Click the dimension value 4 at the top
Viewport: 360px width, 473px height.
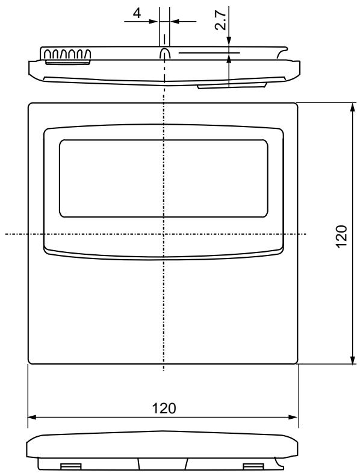(137, 13)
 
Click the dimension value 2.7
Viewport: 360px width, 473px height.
(221, 20)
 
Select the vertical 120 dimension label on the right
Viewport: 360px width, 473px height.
(341, 236)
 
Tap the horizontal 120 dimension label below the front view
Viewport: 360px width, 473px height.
(164, 409)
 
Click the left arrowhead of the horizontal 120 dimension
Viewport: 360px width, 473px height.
(33, 417)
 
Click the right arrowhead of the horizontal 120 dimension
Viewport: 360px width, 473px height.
(293, 417)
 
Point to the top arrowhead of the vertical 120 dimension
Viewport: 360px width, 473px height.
(352, 107)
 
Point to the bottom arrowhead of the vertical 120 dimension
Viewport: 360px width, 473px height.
(352, 360)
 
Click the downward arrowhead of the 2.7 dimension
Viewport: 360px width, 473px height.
(229, 42)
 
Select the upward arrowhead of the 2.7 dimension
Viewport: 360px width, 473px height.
(229, 59)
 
